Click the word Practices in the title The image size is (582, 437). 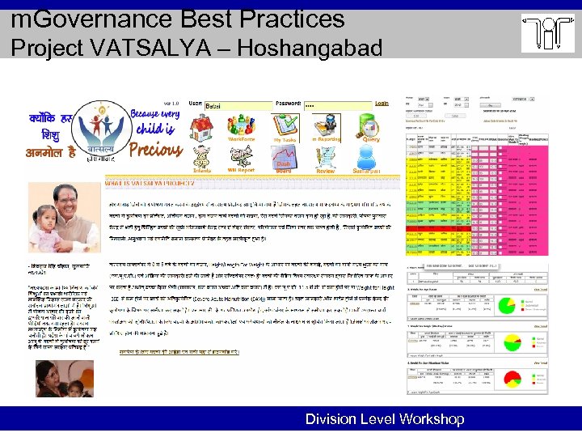pos(284,17)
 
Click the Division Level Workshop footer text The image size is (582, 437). pos(385,419)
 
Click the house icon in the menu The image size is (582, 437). pos(200,127)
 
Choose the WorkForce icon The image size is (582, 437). pos(242,125)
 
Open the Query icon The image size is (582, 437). pos(371,125)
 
